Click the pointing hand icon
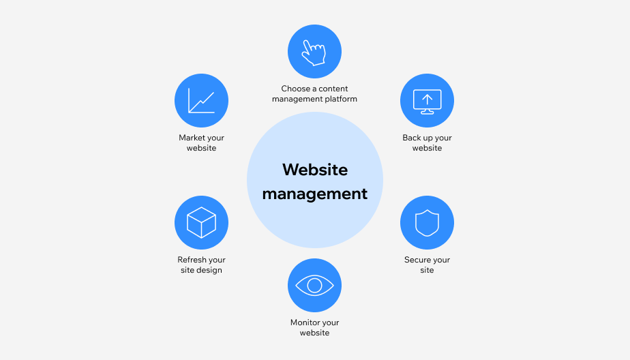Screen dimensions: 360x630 pos(314,52)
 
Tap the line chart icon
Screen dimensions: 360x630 pos(201,101)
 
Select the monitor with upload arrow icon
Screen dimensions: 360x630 pos(427,101)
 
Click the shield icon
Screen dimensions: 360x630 pos(427,222)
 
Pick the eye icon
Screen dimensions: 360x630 pos(314,285)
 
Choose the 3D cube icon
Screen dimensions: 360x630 pos(201,222)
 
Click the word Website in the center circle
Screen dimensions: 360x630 pos(315,169)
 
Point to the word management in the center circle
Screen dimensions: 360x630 pos(315,194)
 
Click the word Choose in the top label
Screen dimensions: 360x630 pos(295,89)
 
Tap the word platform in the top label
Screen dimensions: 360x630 pos(341,99)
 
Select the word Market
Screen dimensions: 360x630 pos(192,138)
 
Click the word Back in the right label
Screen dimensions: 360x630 pos(412,138)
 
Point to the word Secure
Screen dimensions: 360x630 pos(417,260)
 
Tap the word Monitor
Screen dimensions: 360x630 pos(305,322)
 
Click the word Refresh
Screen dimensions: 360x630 pos(192,260)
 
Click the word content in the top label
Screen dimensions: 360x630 pos(333,89)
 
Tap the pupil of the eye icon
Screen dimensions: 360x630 pos(314,286)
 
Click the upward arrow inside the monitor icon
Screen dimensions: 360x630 pos(427,99)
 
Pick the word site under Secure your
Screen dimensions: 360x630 pos(427,270)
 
